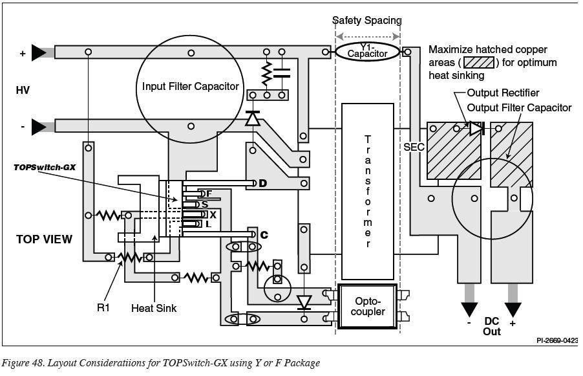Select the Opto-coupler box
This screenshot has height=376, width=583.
click(367, 306)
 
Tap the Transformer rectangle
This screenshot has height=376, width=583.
click(367, 192)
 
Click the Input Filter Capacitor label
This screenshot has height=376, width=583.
click(191, 86)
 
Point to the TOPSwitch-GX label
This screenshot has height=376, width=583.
click(45, 167)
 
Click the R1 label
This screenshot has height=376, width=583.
click(103, 307)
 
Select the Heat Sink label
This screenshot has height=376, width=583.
click(154, 308)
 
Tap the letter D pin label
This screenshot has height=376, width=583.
click(263, 183)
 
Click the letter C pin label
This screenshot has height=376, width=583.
click(264, 235)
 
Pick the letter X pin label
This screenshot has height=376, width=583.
click(213, 215)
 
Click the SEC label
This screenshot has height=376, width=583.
click(414, 147)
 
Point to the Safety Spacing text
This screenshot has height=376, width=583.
click(367, 20)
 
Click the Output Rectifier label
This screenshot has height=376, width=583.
click(503, 93)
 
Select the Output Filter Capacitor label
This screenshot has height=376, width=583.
click(519, 107)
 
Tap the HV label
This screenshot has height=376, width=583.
click(23, 90)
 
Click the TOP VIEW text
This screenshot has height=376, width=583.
click(44, 239)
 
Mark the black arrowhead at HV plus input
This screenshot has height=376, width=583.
click(39, 52)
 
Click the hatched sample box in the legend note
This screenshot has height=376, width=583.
click(480, 63)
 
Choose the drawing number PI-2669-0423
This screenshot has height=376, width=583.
click(557, 340)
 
